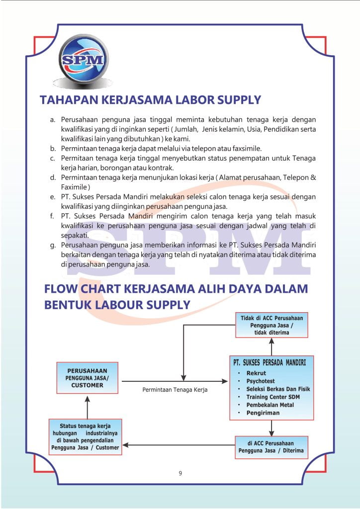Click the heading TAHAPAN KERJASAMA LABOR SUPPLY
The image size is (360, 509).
(150, 100)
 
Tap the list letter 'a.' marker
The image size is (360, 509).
(53, 120)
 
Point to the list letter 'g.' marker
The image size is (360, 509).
(53, 246)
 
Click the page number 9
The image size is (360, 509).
(180, 473)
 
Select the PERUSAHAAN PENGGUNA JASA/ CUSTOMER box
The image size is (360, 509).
(87, 378)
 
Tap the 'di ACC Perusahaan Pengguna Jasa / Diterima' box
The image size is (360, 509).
(271, 447)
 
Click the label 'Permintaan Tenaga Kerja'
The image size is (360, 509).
(175, 390)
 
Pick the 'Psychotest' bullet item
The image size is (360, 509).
(262, 381)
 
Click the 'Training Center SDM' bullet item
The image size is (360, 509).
(273, 397)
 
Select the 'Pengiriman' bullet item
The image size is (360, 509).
(263, 413)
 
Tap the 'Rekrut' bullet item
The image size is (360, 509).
(256, 373)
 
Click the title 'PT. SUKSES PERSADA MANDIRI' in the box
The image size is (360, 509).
(270, 363)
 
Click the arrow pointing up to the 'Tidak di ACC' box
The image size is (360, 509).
(271, 342)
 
